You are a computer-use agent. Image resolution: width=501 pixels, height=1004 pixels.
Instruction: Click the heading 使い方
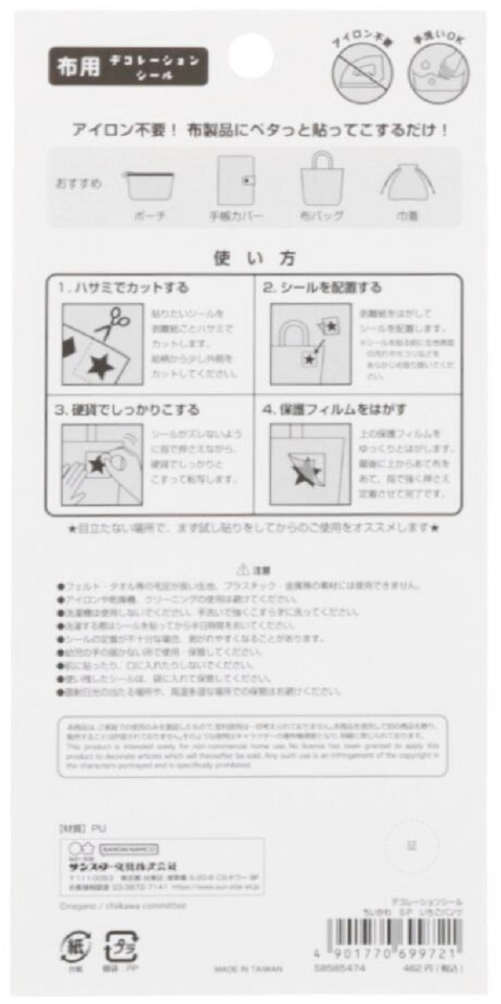pos(249,259)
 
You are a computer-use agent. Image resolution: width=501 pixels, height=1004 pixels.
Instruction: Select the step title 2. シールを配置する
pos(322,287)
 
